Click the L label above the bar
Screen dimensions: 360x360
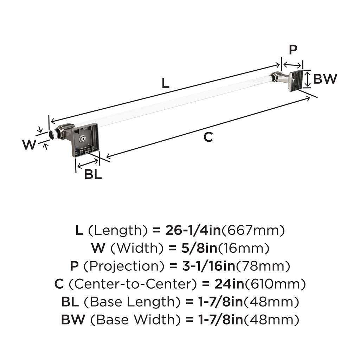click(x=166, y=83)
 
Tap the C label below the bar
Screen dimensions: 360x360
click(x=208, y=137)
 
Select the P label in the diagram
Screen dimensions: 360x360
click(x=293, y=50)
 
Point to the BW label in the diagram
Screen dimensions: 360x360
click(x=325, y=79)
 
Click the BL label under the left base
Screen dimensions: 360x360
click(x=93, y=174)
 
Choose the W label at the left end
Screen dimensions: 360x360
click(x=30, y=144)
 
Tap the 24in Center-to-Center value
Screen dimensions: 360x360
click(x=224, y=284)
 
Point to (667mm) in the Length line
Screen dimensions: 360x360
click(x=252, y=231)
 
